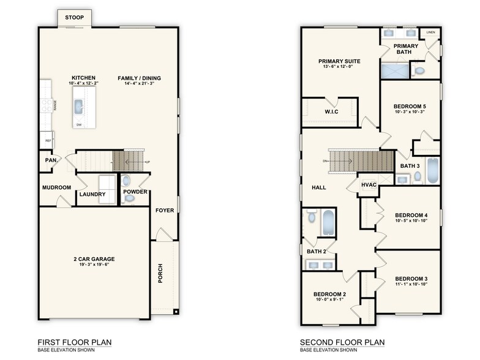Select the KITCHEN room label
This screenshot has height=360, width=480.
tap(84, 78)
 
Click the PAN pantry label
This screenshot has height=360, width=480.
tap(50, 161)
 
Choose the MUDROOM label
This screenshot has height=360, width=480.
tap(56, 187)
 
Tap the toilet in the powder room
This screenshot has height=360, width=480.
tap(126, 181)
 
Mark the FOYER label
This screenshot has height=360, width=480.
tap(164, 210)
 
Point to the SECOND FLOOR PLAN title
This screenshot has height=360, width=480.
tap(339, 342)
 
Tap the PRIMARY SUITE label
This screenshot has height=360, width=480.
tap(339, 61)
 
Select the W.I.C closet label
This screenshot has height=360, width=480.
tap(331, 111)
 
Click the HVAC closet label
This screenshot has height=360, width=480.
tap(369, 184)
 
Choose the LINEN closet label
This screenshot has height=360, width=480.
tap(431, 32)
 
